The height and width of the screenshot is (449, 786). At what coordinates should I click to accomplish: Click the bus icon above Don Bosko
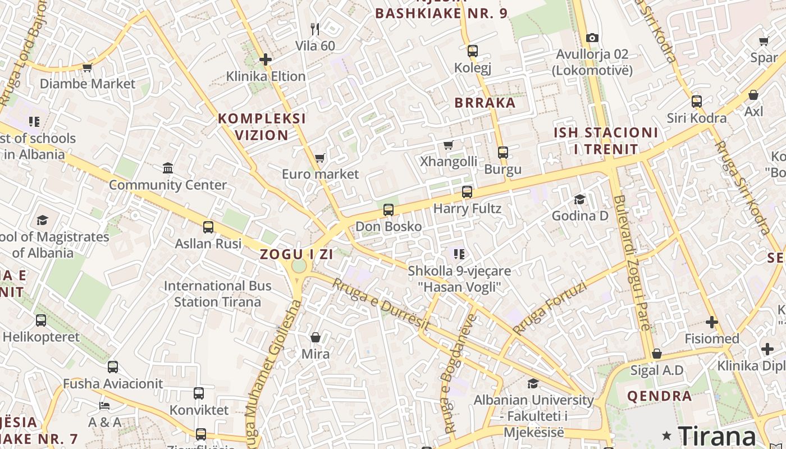[x=388, y=210]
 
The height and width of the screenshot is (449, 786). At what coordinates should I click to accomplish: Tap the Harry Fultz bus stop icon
[x=467, y=192]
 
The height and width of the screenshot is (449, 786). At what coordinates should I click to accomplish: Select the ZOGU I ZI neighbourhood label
[x=296, y=254]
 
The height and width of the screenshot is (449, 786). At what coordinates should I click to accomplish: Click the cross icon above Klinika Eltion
[x=266, y=59]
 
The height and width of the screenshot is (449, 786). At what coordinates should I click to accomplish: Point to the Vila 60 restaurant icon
[x=315, y=29]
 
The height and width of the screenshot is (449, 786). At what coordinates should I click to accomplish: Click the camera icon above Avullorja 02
[x=592, y=38]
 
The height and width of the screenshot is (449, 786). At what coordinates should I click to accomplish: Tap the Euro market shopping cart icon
[x=319, y=158]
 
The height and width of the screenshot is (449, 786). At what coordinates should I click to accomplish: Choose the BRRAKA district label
[x=485, y=103]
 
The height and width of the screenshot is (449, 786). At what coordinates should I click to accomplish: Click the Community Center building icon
[x=167, y=168]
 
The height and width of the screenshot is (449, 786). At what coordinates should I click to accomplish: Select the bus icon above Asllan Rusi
[x=208, y=227]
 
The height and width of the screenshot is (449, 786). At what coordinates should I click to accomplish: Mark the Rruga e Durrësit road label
[x=381, y=304]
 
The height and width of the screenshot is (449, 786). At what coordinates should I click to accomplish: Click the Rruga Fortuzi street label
[x=550, y=308]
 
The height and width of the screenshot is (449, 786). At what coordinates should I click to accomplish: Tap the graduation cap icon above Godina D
[x=579, y=200]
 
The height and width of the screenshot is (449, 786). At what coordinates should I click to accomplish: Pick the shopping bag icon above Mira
[x=316, y=337]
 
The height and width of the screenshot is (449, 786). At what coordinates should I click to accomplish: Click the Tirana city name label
[x=717, y=436]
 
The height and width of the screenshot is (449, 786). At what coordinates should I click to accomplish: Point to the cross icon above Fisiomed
[x=712, y=322]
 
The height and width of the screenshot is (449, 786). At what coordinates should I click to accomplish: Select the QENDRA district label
[x=659, y=396]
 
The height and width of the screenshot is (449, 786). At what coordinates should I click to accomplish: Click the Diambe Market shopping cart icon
[x=87, y=68]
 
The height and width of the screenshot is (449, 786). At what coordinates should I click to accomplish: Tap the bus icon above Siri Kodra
[x=696, y=102]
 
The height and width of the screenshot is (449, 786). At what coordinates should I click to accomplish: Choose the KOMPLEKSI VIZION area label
[x=262, y=127]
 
